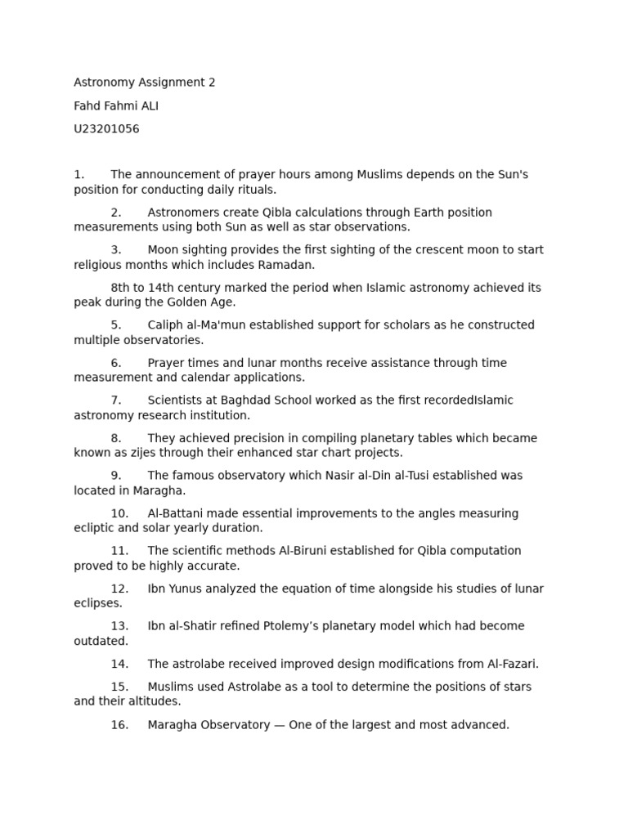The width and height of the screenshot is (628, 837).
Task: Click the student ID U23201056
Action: click(x=106, y=128)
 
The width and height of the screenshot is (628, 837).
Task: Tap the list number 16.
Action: click(x=119, y=724)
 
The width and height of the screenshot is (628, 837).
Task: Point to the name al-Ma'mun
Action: click(x=215, y=325)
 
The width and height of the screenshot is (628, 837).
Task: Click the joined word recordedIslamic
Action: click(x=470, y=401)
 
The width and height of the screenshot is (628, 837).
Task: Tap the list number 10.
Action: click(x=119, y=513)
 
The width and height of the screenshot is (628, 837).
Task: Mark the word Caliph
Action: click(x=166, y=325)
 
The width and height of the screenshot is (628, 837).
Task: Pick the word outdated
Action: click(x=101, y=641)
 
